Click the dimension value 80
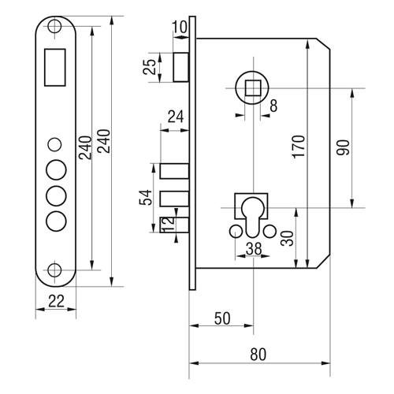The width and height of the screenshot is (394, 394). pos(258,354)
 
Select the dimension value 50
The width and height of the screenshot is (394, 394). pos(222,318)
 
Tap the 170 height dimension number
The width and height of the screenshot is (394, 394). pos(299,147)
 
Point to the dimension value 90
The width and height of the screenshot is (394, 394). pos(344,147)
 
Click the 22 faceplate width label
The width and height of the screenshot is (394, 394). pos(56,301)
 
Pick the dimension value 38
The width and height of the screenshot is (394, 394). pos(254,249)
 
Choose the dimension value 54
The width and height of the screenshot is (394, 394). pos(146,198)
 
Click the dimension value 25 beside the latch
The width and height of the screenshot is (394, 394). pos(150,67)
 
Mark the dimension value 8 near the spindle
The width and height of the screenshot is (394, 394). pos(273,106)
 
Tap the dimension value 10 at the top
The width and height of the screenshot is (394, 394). pos(180,27)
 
